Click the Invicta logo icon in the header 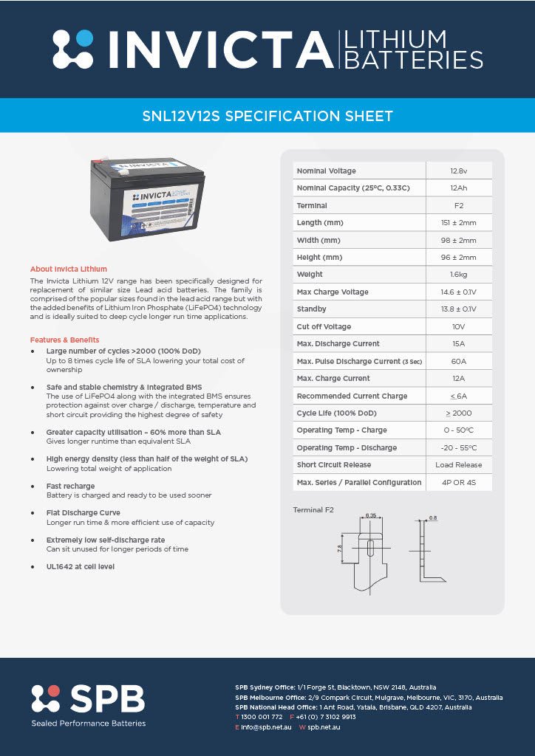73,49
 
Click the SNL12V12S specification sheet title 267,116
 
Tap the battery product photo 137,199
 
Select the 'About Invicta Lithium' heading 68,269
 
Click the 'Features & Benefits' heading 64,340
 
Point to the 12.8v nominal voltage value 459,171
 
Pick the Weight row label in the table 310,275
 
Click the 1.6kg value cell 459,275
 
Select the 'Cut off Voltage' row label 324,326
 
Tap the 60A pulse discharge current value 459,361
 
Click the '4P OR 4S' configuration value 459,482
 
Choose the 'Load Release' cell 459,465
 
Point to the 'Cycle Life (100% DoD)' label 336,413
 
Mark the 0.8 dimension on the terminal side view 433,518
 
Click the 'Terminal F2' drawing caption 313,509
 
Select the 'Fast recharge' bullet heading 70,486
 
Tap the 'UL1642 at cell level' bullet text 80,566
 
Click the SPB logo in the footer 88,699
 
